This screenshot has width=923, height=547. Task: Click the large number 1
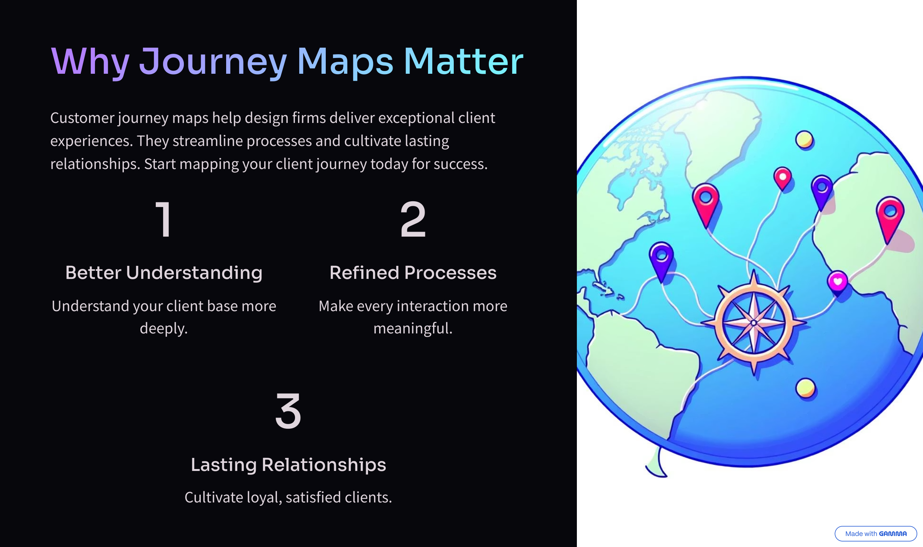point(164,219)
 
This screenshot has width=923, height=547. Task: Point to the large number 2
point(413,219)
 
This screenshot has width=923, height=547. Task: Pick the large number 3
point(288,411)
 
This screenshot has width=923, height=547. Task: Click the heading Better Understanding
point(164,273)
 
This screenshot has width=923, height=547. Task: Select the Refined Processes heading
point(413,273)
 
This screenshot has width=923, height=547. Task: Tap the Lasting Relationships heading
point(288,465)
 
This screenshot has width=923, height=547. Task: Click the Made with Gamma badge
point(876,534)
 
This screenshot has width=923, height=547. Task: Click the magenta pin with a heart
point(838,283)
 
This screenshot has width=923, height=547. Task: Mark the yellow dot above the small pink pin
point(804,139)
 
